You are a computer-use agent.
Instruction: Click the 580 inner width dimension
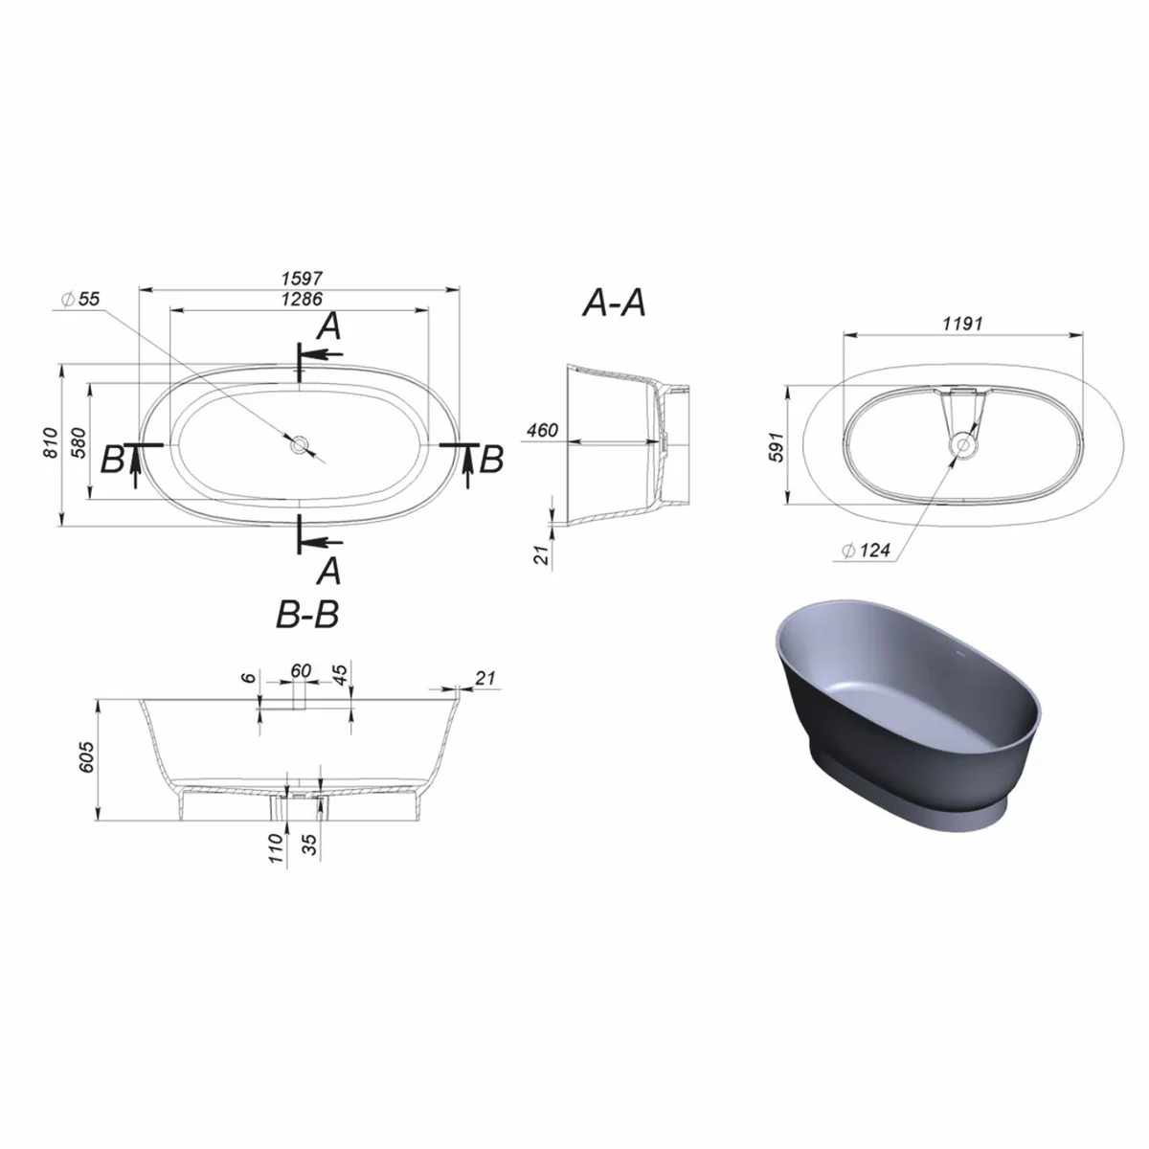(x=80, y=442)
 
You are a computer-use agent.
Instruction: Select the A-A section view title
(x=614, y=304)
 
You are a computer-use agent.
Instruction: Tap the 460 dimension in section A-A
(x=542, y=431)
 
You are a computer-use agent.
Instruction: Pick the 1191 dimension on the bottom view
(x=962, y=324)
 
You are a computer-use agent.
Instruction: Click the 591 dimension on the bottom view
(x=776, y=446)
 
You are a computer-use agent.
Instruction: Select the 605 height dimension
(x=86, y=760)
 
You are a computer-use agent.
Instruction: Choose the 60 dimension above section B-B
(x=301, y=670)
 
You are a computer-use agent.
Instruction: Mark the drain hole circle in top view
(x=300, y=443)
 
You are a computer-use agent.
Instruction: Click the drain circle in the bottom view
(x=963, y=443)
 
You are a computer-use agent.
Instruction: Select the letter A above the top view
(x=328, y=327)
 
